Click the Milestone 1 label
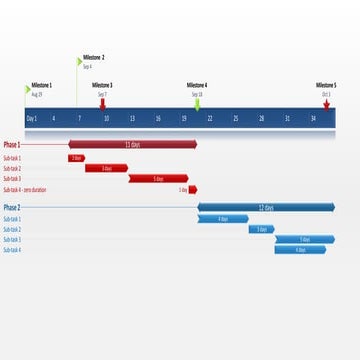point(42,85)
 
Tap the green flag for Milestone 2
point(79,60)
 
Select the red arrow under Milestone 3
point(103,101)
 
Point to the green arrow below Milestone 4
point(197,103)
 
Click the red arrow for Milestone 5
point(326,101)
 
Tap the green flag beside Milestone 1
point(28,88)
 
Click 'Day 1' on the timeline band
point(32,118)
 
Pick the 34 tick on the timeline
point(313,118)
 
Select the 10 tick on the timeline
point(106,118)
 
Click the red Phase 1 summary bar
point(132,144)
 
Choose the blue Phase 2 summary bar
point(266,208)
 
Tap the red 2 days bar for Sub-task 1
point(76,158)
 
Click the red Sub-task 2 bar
point(106,168)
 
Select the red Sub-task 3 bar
point(158,179)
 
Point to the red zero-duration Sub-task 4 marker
point(193,189)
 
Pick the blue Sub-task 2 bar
point(262,229)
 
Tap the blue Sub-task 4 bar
point(301,250)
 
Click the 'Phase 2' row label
point(12,208)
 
